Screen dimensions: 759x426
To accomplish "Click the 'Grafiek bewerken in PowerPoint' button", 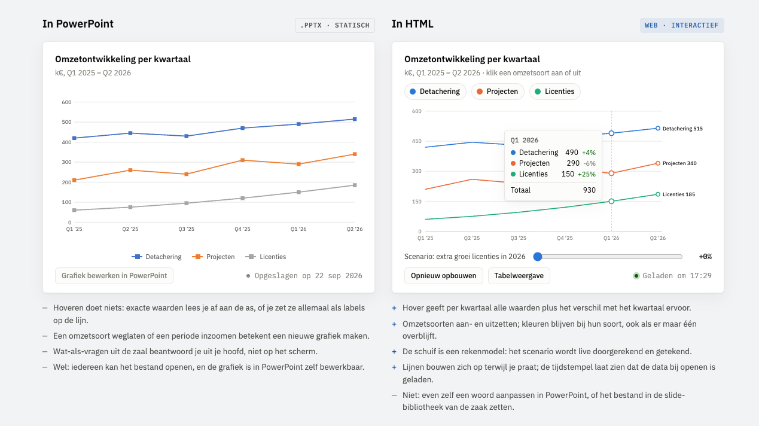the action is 114,276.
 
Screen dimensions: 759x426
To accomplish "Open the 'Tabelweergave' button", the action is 519,276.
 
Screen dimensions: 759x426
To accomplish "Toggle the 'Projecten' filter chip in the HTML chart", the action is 498,92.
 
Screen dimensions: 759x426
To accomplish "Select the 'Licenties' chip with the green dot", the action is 554,92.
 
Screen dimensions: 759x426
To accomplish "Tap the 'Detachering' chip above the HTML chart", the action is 435,92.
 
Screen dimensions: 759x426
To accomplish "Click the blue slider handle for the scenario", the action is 538,257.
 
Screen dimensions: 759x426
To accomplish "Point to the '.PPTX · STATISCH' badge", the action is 335,25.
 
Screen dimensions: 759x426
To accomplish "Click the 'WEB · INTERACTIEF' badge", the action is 682,25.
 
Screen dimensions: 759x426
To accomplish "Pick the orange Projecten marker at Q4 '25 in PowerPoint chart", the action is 243,160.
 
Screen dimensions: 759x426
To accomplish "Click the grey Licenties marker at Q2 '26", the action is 355,185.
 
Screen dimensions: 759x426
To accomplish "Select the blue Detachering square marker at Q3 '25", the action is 187,136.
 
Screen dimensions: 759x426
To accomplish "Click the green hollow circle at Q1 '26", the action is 611,201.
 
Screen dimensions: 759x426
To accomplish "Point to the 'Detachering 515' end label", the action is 682,129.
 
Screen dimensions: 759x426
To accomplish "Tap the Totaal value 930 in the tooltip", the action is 589,190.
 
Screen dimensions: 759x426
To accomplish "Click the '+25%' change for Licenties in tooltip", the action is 587,174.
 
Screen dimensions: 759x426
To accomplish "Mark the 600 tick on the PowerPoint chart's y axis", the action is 66,102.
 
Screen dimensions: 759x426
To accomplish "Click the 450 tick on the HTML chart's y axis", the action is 416,141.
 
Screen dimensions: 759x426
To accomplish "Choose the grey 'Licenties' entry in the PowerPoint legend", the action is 266,257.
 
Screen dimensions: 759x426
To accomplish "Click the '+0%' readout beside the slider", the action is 705,257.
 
